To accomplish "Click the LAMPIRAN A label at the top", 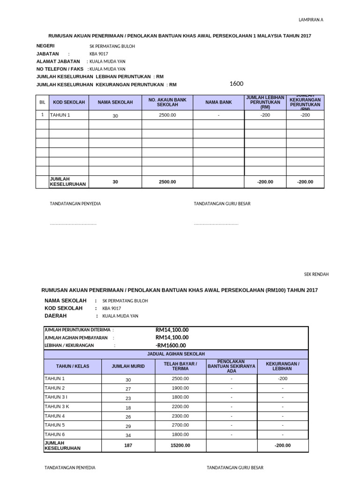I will [311, 20].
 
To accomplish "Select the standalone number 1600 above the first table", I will [236, 84].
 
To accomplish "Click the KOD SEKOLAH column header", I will [69, 102].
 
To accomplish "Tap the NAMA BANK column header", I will [218, 102].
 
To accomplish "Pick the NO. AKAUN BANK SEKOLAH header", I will [167, 102].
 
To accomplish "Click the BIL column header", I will [42, 102].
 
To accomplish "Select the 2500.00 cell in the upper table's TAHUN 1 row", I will [167, 115].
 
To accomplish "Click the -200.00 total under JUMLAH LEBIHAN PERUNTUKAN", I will [265, 182].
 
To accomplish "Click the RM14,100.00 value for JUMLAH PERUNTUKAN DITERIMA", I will [172, 330].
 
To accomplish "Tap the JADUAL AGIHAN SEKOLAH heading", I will [176, 354].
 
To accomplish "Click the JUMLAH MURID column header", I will [128, 366].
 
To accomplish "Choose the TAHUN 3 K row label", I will [57, 406].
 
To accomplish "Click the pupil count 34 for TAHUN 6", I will [128, 435].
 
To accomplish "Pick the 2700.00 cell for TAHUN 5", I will [180, 425].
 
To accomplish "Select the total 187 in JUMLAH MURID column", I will [128, 445].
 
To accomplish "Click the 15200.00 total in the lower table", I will [180, 445].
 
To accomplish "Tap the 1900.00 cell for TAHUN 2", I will [180, 388].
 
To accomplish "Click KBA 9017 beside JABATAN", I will [98, 54].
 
